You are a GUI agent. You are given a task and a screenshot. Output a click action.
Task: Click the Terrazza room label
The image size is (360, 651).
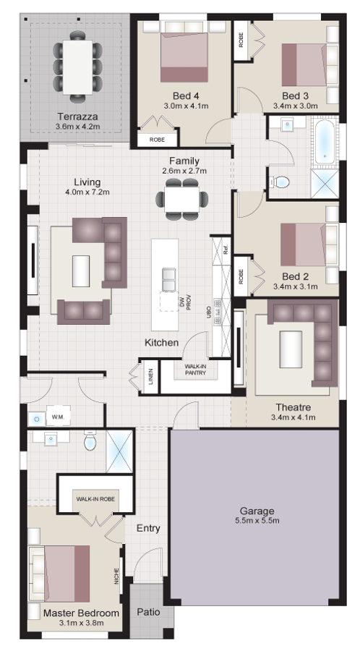tap(77, 116)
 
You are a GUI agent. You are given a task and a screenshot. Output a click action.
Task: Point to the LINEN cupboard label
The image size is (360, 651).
tap(151, 377)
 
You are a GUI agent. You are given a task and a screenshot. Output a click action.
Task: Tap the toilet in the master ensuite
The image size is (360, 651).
tap(90, 442)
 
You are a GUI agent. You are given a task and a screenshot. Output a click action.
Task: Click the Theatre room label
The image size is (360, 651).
tap(293, 407)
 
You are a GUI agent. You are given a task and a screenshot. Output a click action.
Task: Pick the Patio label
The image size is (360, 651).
tap(148, 611)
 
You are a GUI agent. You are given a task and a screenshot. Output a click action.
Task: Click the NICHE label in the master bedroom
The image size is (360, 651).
tap(117, 576)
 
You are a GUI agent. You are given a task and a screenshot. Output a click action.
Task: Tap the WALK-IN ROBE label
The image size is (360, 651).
tap(95, 498)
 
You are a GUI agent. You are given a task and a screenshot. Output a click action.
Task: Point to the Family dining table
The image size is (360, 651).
tap(182, 200)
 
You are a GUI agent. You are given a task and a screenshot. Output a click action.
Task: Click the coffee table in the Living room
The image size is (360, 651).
tap(81, 271)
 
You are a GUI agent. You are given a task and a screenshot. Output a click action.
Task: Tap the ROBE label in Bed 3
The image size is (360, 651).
tap(241, 40)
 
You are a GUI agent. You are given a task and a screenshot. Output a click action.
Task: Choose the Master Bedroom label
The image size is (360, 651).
tap(81, 613)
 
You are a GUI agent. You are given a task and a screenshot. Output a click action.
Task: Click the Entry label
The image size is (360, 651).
tap(148, 529)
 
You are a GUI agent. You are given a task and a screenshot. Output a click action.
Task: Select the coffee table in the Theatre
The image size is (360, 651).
tap(291, 349)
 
